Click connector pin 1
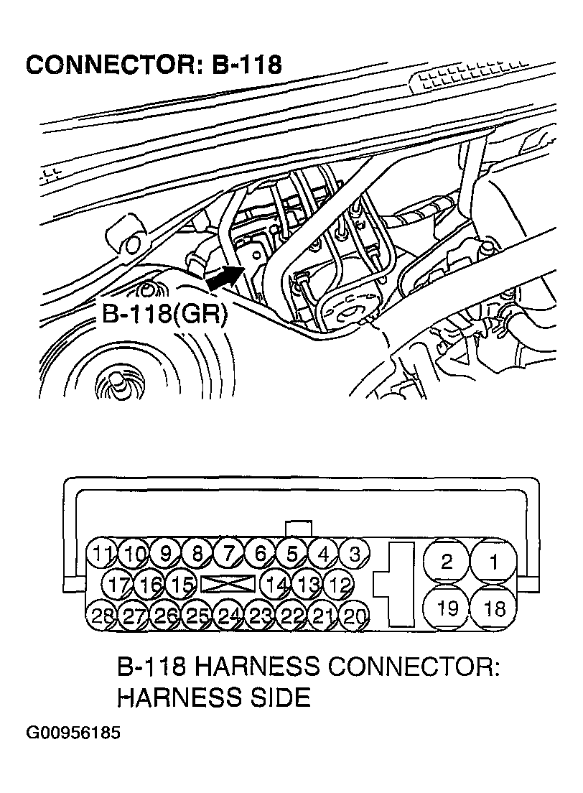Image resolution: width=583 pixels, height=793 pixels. click(x=493, y=562)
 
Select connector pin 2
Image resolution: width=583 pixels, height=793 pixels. click(x=447, y=562)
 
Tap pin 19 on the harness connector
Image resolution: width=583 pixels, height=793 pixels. click(x=447, y=609)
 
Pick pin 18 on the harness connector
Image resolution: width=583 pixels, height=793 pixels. click(x=493, y=609)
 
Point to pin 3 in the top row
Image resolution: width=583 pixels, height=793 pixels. click(x=354, y=554)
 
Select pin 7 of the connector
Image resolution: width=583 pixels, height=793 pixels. click(x=228, y=554)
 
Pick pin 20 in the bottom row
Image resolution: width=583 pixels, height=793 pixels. click(x=354, y=616)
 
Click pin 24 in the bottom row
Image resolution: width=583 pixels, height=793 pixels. click(x=228, y=616)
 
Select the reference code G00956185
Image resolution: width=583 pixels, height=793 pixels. click(x=73, y=734)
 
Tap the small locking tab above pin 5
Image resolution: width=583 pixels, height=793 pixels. click(x=298, y=528)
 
